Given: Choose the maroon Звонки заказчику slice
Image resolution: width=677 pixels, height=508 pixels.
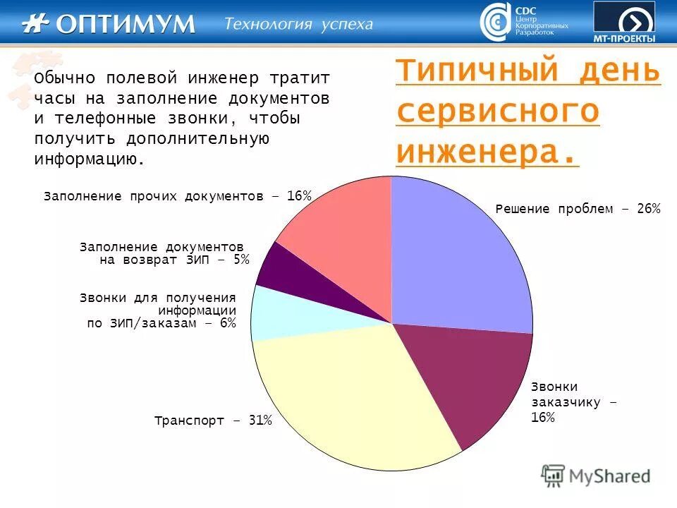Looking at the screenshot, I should [x=472, y=381].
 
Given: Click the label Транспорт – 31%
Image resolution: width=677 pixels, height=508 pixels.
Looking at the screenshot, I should [x=213, y=421].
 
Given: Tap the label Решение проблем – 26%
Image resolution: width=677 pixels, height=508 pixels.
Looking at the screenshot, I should [x=578, y=209].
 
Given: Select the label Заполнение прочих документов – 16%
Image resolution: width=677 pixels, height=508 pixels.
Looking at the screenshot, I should [x=177, y=195].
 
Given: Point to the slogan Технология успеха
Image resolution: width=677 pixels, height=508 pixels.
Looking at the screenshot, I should [x=298, y=24].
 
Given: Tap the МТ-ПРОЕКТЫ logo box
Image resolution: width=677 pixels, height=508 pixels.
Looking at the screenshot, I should [x=623, y=22].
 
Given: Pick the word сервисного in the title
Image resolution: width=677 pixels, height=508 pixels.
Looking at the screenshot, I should [x=498, y=112].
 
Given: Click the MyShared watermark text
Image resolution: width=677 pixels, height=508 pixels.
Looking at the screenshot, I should [x=609, y=476].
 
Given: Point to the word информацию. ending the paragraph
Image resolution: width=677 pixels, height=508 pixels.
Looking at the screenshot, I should [x=90, y=159].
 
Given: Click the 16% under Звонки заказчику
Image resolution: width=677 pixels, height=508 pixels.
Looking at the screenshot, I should [x=543, y=418].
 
